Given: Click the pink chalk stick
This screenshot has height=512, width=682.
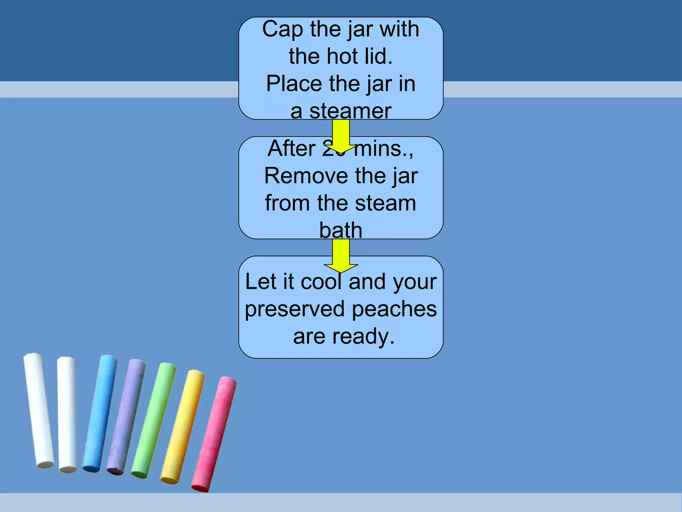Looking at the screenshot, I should (x=214, y=434).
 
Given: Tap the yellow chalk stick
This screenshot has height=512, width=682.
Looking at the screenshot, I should (x=182, y=427).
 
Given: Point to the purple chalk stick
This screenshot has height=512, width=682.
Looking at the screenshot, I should (x=126, y=417).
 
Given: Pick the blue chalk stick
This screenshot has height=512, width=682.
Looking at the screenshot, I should (x=100, y=413).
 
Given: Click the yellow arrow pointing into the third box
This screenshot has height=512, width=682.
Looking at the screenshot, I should (x=341, y=255).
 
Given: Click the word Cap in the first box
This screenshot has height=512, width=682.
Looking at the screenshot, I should (x=282, y=29).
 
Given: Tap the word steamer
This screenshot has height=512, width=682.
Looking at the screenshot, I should (x=350, y=111).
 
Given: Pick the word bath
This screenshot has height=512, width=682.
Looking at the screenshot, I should (x=341, y=230).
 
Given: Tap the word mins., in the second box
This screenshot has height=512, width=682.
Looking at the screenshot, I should (x=383, y=149).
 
